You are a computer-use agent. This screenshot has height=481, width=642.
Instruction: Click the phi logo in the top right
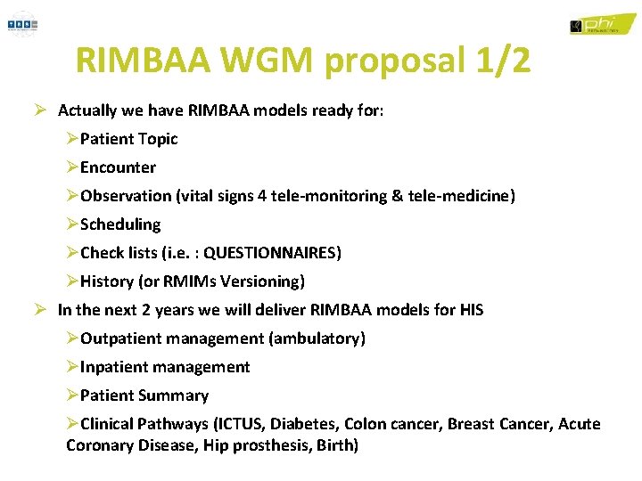coord(603,24)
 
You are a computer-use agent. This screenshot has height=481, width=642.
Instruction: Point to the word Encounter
coord(118,167)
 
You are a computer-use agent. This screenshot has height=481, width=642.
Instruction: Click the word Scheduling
coord(120,224)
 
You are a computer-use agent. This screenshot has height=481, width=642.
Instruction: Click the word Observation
coord(126,196)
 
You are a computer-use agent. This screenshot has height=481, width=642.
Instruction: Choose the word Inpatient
coord(115,367)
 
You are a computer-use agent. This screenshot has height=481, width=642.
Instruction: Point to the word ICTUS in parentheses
coord(239,424)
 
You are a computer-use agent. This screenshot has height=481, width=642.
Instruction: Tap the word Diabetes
coord(304,424)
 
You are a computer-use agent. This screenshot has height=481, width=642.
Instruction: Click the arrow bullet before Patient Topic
coord(72,139)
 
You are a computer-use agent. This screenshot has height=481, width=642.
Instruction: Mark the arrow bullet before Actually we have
coord(40,110)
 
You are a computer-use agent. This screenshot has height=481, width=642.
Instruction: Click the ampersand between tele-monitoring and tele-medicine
coord(397,196)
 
